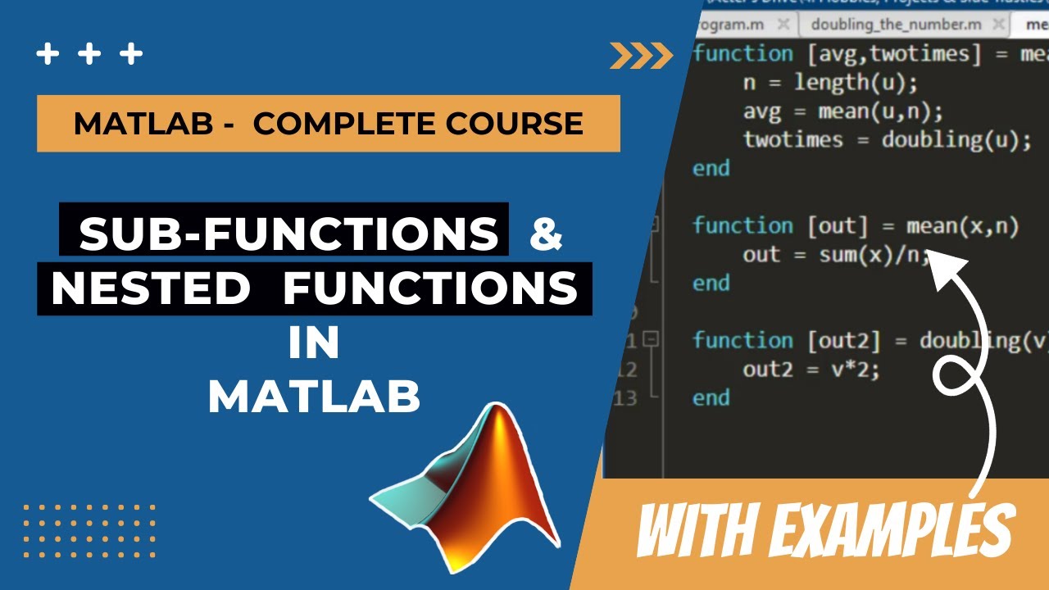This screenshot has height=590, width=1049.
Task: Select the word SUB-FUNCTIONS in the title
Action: pyautogui.click(x=288, y=234)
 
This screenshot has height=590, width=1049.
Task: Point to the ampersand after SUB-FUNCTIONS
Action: pyautogui.click(x=547, y=234)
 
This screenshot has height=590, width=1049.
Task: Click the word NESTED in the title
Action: pyautogui.click(x=151, y=289)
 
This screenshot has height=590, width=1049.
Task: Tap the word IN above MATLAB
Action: pyautogui.click(x=314, y=344)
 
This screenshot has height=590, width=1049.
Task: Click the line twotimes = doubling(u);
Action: pyautogui.click(x=887, y=140)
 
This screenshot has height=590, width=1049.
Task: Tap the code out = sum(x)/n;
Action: pyautogui.click(x=836, y=255)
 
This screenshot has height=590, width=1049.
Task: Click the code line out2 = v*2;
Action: pyautogui.click(x=811, y=370)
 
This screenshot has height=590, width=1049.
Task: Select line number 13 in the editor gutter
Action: pyautogui.click(x=625, y=398)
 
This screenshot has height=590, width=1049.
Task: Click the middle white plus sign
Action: pyautogui.click(x=89, y=55)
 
